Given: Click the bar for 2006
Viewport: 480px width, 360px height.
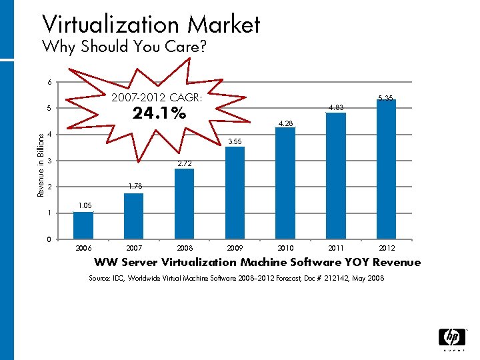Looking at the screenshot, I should click(83, 225).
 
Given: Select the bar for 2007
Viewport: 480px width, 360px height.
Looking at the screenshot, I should click(133, 216).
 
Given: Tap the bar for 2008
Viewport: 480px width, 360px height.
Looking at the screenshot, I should click(184, 204).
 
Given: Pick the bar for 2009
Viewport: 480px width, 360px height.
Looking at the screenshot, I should click(235, 193).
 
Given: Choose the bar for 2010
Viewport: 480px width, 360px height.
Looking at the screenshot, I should click(285, 183).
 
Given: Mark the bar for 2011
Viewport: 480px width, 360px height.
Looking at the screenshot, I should click(336, 176).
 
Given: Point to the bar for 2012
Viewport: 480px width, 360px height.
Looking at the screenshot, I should click(386, 169).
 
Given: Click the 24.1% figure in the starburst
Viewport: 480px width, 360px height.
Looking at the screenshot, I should click(159, 114).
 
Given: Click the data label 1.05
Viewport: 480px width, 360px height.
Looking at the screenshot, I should click(83, 206).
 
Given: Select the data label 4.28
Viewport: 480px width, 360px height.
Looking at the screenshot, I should click(285, 123).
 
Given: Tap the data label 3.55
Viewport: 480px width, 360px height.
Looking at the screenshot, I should click(235, 142).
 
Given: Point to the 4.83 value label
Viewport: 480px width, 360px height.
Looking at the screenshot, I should click(336, 107).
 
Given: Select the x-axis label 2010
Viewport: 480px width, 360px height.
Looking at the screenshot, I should click(285, 248).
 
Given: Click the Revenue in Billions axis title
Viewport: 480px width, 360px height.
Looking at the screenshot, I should click(40, 161).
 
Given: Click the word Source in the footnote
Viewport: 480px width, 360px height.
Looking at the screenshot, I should click(101, 278).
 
